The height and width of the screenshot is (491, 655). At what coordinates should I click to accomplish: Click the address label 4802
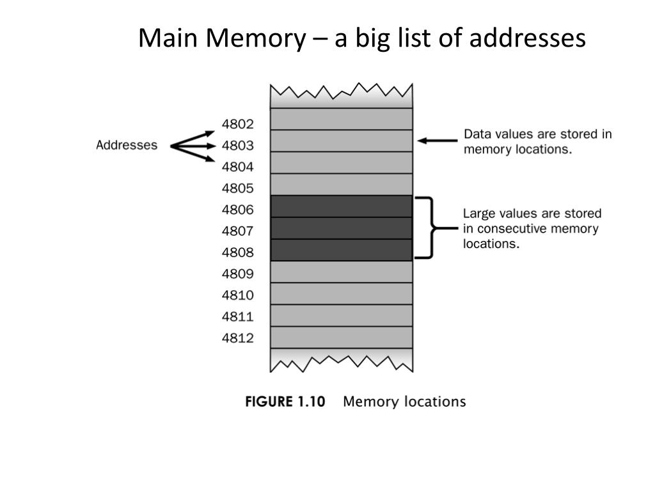pos(238,124)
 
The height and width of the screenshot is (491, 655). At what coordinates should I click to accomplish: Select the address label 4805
pos(238,189)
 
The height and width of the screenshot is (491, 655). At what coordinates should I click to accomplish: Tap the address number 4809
pos(238,274)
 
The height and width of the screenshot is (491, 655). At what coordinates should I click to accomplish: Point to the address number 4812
pos(238,338)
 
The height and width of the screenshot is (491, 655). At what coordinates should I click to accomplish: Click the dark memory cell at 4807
pos(342,228)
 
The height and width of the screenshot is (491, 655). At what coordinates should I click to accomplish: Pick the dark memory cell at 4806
pos(342,207)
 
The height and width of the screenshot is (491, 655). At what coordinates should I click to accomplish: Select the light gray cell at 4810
pos(342,293)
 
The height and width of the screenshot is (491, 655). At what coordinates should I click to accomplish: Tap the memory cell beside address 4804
pos(342,162)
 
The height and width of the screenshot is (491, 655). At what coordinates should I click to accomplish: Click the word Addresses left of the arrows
pos(127,145)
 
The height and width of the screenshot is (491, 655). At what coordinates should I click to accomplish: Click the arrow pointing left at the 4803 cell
pos(438,141)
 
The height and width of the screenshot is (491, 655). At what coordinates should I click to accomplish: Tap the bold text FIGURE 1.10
pos(285,401)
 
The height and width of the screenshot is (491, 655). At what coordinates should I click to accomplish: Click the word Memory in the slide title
pos(256,38)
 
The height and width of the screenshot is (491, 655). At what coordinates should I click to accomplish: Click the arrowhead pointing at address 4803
pos(211,146)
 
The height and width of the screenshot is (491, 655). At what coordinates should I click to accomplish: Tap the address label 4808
pos(238,252)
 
